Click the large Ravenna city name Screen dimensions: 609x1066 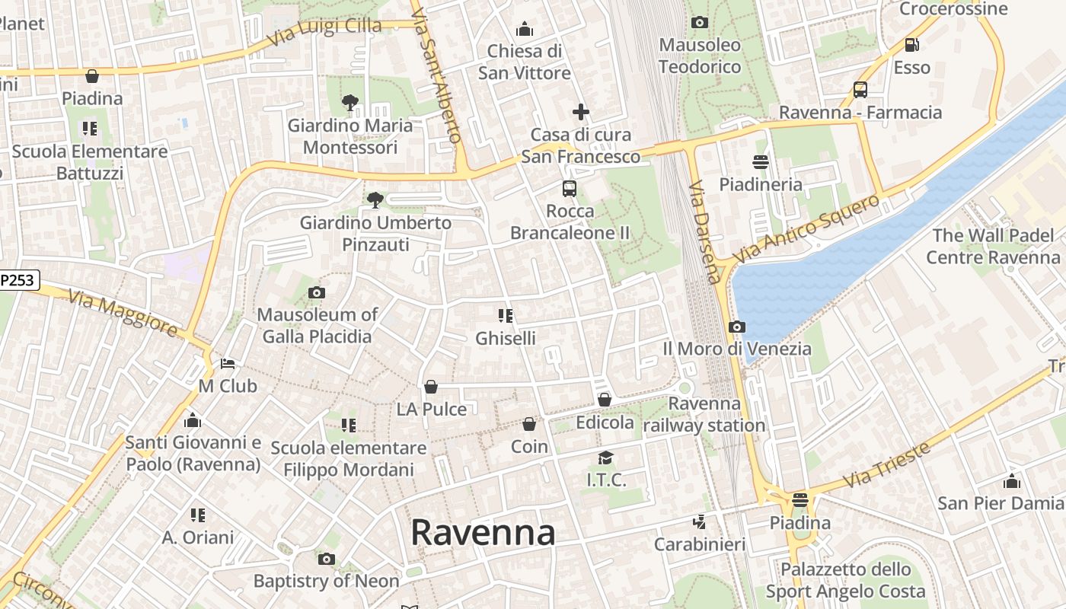483,533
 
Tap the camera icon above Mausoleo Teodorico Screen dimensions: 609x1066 700,23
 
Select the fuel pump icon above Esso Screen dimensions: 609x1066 911,45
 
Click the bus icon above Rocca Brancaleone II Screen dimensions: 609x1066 569,188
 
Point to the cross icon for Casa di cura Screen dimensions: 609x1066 581,113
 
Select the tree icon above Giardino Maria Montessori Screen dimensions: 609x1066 350,102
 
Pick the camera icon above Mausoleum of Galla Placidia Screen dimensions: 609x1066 317,292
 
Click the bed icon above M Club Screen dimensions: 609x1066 228,364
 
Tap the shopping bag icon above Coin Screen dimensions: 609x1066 529,424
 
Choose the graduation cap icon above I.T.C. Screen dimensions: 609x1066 605,458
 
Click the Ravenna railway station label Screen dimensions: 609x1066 704,414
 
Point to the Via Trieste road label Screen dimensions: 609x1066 887,464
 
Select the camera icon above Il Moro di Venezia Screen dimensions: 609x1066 736,327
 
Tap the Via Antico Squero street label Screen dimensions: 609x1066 807,228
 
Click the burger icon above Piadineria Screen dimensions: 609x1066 760,161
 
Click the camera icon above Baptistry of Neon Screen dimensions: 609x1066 326,560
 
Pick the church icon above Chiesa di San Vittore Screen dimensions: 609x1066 524,30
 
